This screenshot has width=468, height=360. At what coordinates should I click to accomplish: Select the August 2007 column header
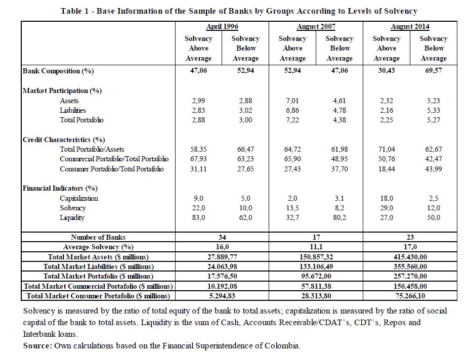click(316, 27)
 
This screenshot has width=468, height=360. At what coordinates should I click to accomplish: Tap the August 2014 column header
click(410, 27)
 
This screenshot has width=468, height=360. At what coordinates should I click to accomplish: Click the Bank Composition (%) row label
click(59, 71)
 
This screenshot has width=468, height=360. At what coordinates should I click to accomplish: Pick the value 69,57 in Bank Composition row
click(433, 71)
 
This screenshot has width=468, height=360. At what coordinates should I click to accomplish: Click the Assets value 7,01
click(292, 101)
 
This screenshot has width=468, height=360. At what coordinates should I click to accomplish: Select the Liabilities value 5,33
click(433, 110)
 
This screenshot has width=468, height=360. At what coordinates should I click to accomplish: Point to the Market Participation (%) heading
click(62, 91)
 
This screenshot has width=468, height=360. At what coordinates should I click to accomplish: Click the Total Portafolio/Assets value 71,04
click(387, 150)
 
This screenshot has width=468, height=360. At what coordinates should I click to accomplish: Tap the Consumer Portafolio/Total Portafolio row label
click(112, 169)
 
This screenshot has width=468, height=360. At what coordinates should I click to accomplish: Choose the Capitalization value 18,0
click(387, 199)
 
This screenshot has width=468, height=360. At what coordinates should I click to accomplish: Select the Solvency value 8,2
click(339, 208)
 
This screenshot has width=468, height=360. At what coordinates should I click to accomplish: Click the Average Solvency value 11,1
click(316, 247)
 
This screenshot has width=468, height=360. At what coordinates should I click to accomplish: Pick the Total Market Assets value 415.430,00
click(410, 257)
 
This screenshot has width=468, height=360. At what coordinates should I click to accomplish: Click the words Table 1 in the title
click(74, 11)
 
